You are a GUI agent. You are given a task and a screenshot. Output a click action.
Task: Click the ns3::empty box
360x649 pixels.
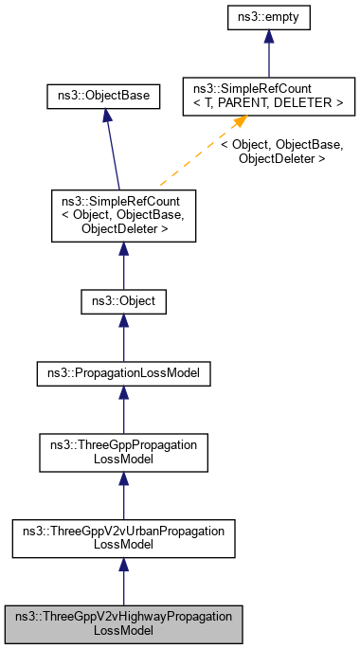[269, 16]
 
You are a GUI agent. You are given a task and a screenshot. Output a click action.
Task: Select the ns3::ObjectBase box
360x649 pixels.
[103, 95]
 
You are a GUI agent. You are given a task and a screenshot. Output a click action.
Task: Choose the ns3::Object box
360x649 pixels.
[123, 302]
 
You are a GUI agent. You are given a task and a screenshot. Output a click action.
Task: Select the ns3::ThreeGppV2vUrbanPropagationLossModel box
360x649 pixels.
[123, 538]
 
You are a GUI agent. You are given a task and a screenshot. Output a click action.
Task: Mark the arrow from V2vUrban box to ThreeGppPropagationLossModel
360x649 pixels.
[123, 496]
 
